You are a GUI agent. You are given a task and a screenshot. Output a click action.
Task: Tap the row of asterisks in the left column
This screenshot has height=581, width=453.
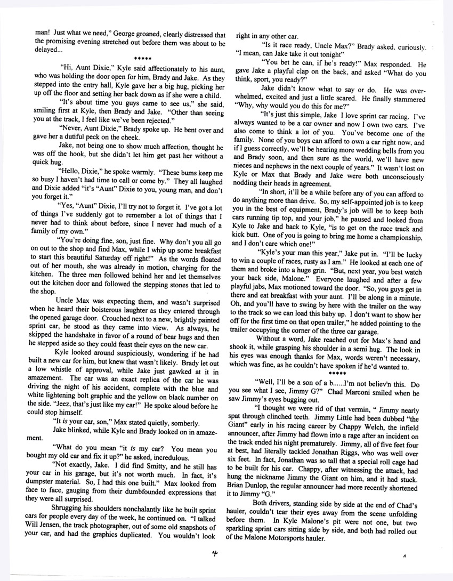(x=143, y=58)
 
